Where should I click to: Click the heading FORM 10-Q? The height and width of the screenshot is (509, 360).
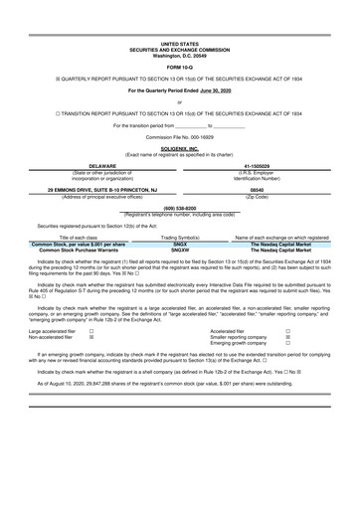(x=179, y=67)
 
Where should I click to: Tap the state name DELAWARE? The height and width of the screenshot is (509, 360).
(x=90, y=166)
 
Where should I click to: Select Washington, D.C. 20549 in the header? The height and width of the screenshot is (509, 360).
(x=179, y=55)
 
